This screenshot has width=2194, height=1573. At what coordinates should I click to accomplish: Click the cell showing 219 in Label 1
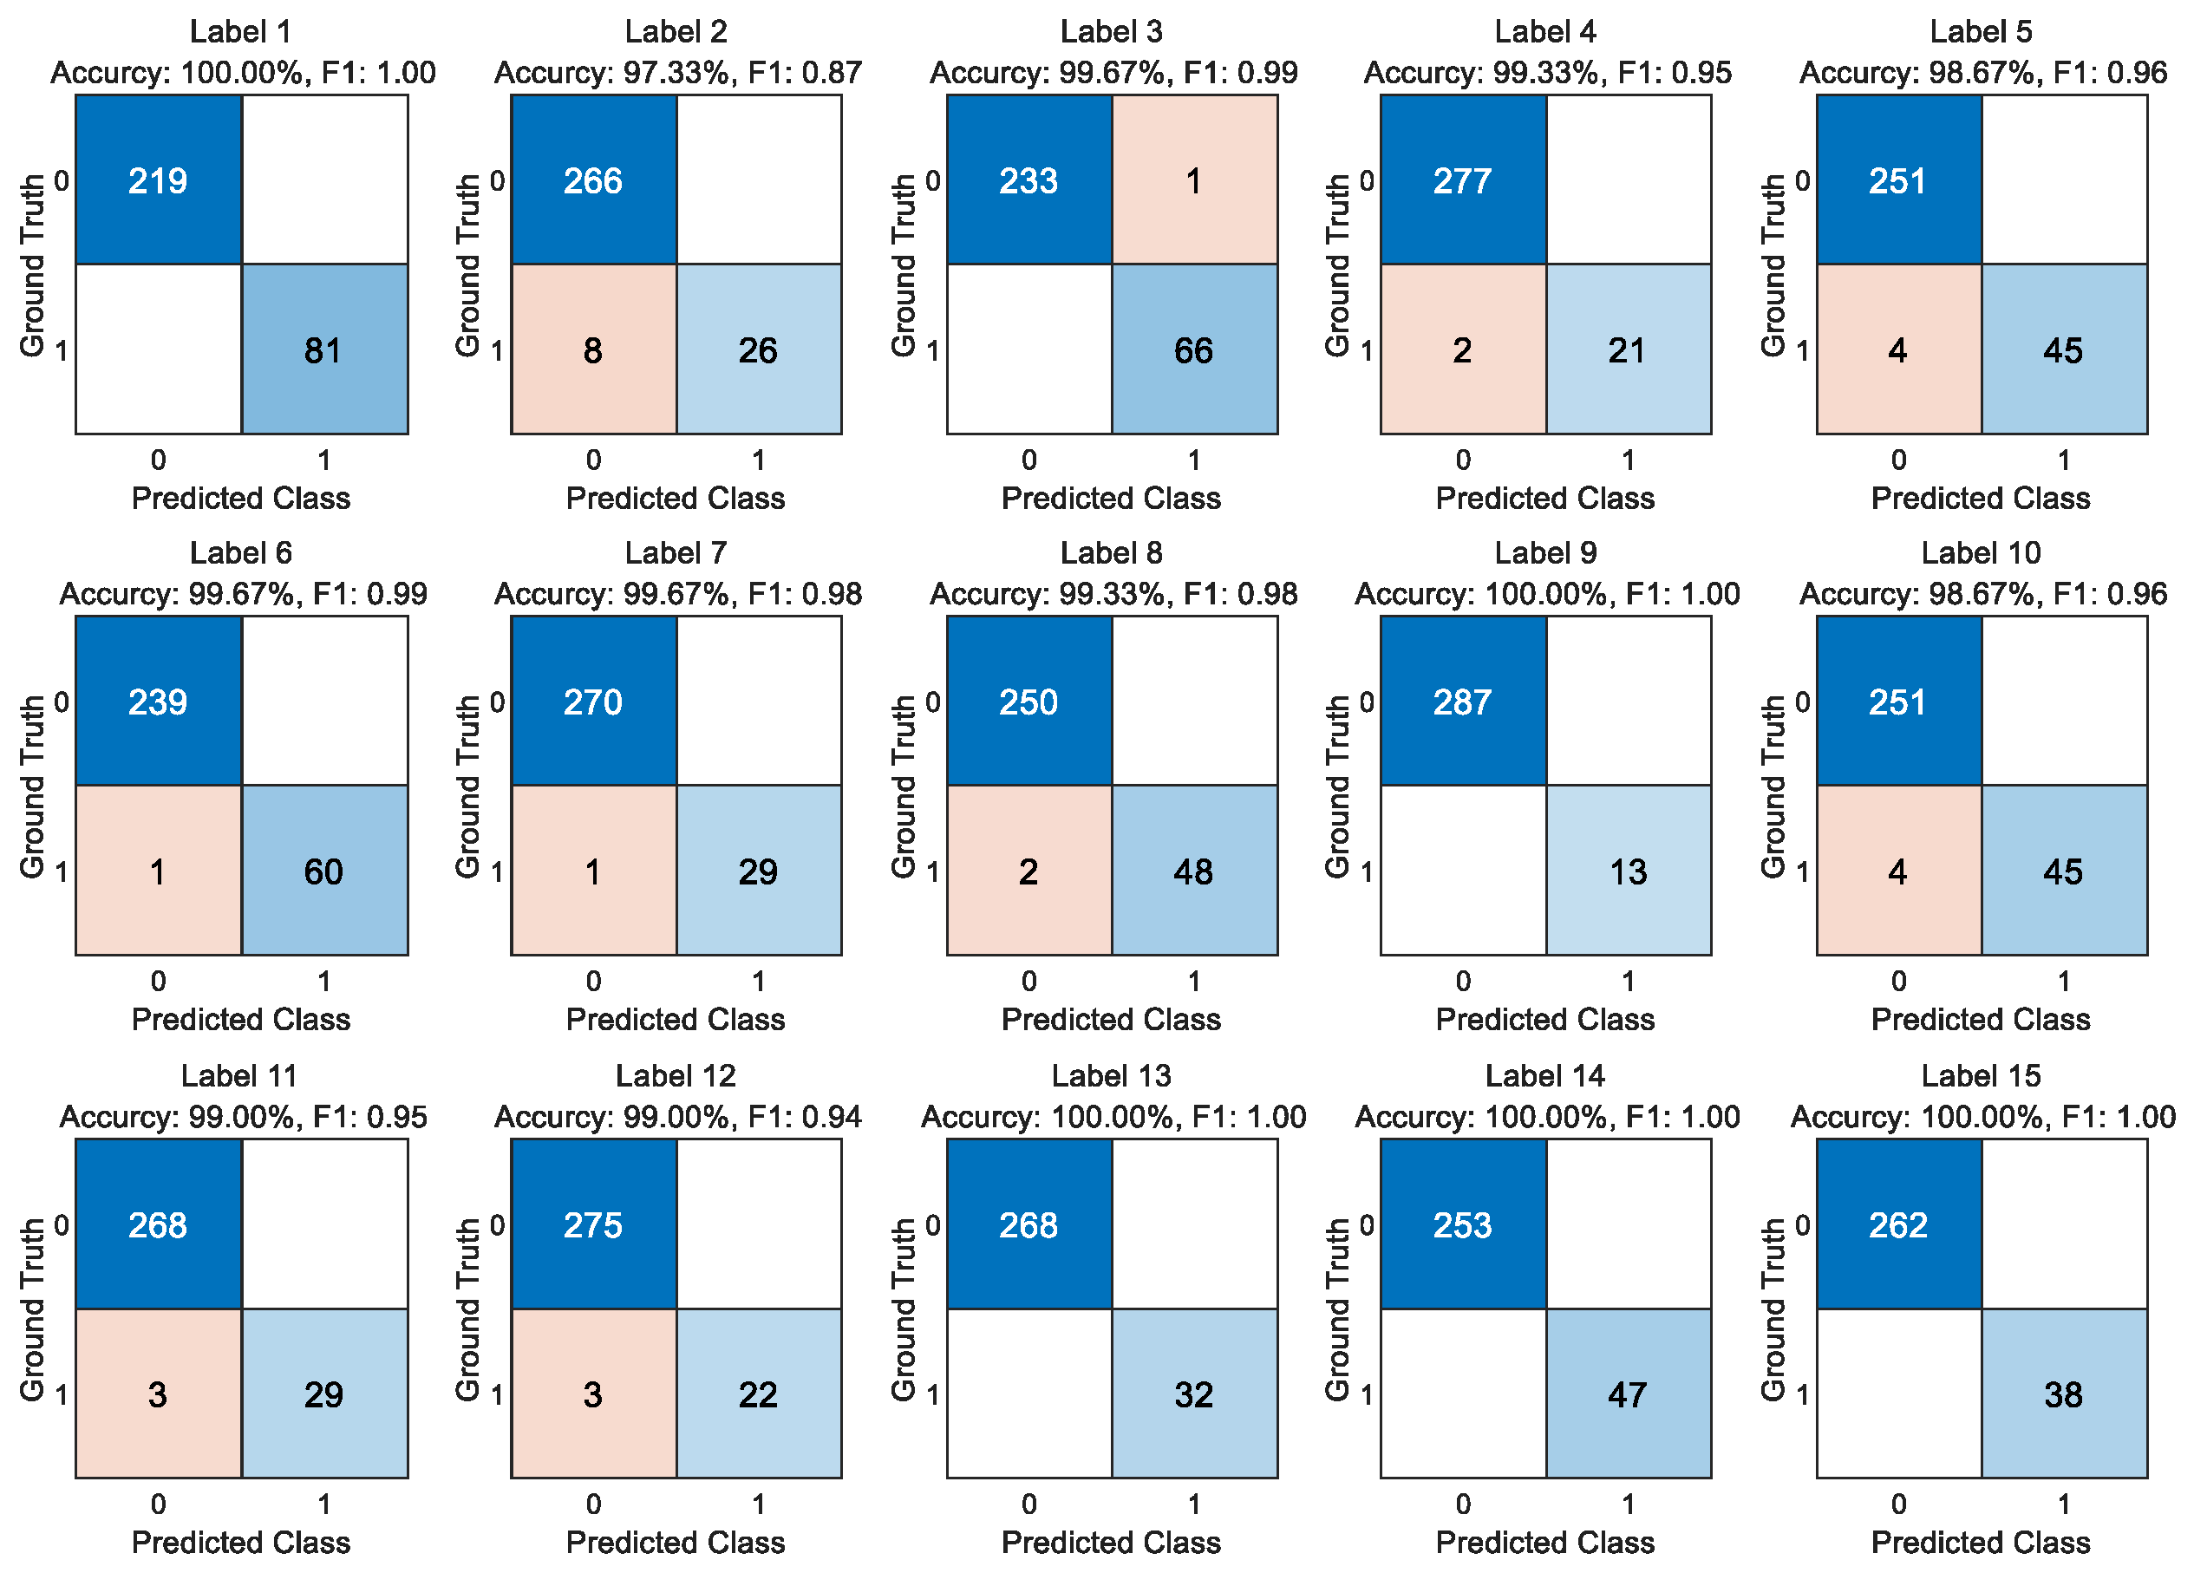[x=159, y=180]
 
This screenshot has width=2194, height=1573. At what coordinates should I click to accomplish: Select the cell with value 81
[x=324, y=349]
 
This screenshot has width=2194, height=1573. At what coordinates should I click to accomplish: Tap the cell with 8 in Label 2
[x=594, y=349]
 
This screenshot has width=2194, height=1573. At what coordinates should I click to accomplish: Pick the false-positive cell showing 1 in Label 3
[x=1195, y=180]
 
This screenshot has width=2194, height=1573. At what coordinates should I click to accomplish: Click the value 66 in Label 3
[x=1195, y=349]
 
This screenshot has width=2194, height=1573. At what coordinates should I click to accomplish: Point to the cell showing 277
[x=1464, y=180]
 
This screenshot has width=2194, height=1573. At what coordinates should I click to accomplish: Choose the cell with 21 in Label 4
[x=1629, y=349]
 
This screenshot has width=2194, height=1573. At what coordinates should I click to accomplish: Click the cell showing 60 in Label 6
[x=324, y=871]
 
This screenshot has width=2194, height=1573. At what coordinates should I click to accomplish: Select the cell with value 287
[x=1464, y=702]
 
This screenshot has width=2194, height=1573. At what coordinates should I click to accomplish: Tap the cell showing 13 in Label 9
[x=1629, y=871]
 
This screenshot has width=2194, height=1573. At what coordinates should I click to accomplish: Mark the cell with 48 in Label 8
[x=1195, y=871]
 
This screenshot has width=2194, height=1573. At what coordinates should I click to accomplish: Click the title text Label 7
[x=676, y=553]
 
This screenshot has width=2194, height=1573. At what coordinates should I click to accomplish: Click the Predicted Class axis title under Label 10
[x=1982, y=1020]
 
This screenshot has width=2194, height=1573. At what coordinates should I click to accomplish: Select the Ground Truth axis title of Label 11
[x=33, y=1309]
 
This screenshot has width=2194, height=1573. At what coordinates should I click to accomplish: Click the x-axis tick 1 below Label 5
[x=2065, y=460]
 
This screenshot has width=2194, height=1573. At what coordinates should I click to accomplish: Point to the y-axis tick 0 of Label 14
[x=1367, y=1224]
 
